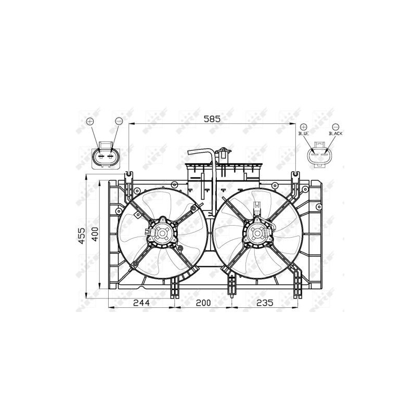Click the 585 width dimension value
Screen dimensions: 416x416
tap(212, 119)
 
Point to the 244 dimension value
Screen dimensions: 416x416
tap(141, 304)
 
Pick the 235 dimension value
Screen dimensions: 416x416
tap(264, 304)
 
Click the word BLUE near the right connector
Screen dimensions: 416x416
tap(304, 134)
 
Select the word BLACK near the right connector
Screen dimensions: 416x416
tap(335, 134)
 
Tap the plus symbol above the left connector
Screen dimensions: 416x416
tap(90, 121)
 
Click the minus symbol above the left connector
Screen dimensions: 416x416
tap(119, 121)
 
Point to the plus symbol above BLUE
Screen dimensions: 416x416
tap(304, 126)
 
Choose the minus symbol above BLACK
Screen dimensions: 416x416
tap(335, 126)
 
